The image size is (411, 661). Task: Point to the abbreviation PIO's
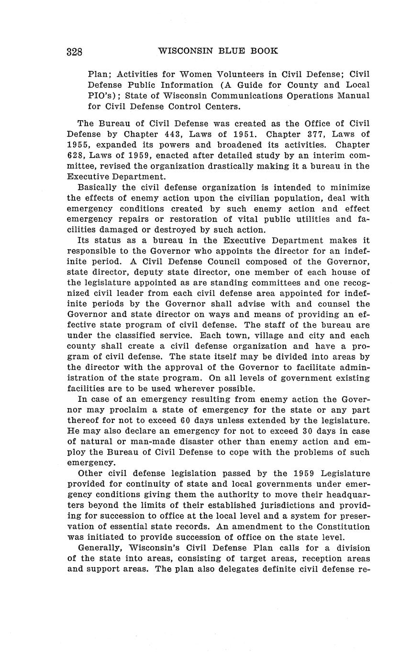[x=102, y=95]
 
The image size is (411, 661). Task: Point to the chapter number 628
[x=76, y=156]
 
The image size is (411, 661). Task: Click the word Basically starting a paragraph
[x=98, y=187]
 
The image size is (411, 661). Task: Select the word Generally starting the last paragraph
[x=100, y=547]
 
